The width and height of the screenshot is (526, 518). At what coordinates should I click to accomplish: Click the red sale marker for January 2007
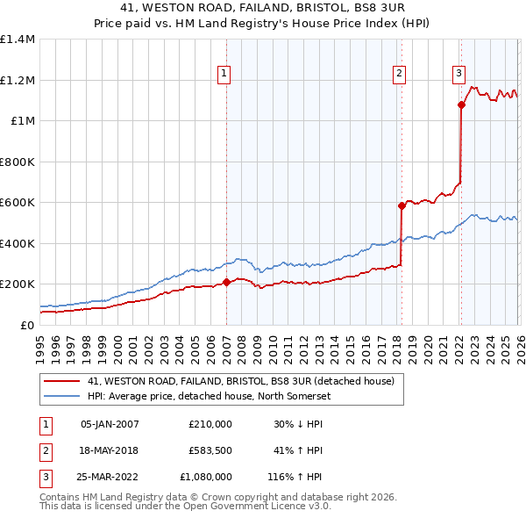click(x=226, y=283)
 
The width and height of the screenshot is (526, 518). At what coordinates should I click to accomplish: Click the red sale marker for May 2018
click(x=402, y=206)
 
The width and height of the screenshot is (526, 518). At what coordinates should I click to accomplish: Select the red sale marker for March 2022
click(x=461, y=105)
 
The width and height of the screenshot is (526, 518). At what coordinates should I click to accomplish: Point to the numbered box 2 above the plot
click(x=400, y=74)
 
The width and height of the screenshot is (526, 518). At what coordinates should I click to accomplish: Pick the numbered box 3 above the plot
click(x=459, y=74)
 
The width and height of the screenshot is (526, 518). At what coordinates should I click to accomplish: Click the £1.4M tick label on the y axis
click(x=18, y=40)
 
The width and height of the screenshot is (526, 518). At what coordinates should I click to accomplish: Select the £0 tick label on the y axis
click(x=28, y=325)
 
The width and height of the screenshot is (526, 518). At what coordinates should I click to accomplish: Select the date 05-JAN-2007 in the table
click(x=110, y=424)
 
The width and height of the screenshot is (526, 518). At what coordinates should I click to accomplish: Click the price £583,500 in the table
click(x=210, y=450)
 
